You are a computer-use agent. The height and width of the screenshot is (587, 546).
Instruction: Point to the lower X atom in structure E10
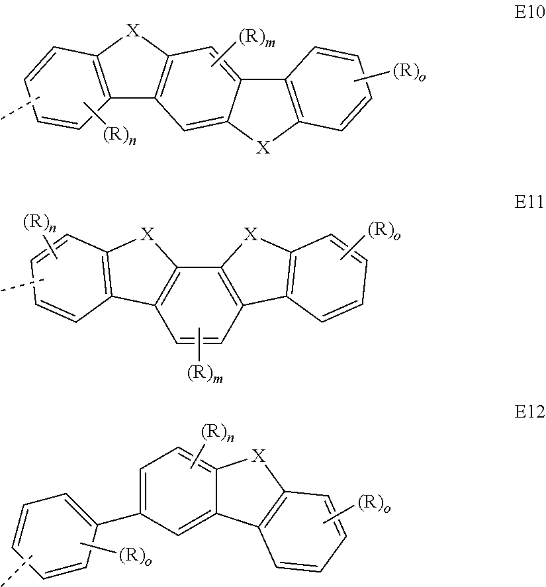pyautogui.click(x=263, y=148)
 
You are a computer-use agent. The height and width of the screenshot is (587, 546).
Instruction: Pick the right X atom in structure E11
pyautogui.click(x=251, y=234)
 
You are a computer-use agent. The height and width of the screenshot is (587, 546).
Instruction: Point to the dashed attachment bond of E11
pyautogui.click(x=15, y=285)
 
